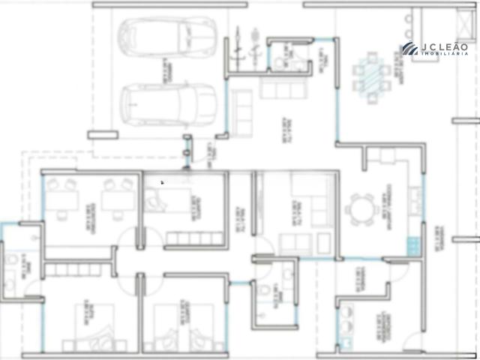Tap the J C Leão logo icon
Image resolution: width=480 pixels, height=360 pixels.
coord(409,49)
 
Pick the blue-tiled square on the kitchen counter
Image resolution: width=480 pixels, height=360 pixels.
coord(412,245)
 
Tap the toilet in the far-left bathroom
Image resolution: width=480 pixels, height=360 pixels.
coord(10,265)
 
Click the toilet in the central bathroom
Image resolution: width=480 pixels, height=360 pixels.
coord(264,294)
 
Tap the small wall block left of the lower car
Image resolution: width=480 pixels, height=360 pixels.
coord(97,135)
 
